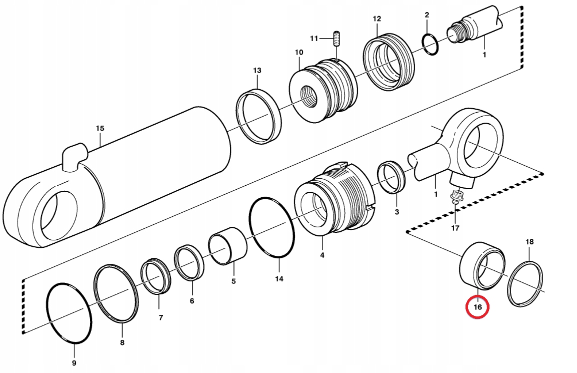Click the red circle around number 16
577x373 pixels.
tap(477, 307)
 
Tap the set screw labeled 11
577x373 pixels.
tap(337, 39)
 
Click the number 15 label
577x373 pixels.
tap(100, 129)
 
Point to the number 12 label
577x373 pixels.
tap(376, 19)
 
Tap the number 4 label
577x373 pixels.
tap(322, 255)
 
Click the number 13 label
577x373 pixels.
tap(256, 71)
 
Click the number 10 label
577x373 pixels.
tap(298, 53)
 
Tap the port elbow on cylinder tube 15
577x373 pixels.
tap(74, 154)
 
